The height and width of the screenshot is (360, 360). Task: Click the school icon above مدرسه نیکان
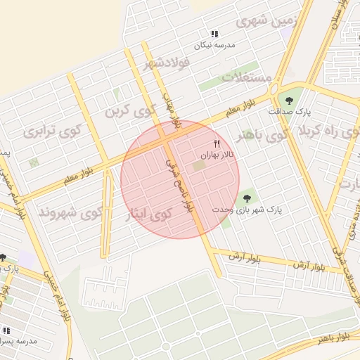tap(214, 34)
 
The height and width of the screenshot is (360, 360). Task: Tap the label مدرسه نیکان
tap(214, 45)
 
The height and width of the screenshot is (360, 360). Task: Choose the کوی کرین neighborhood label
tap(130, 110)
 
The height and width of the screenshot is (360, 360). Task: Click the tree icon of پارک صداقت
tap(287, 99)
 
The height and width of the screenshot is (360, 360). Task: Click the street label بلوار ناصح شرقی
tap(179, 183)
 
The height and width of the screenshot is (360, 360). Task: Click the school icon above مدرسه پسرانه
tap(6, 330)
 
